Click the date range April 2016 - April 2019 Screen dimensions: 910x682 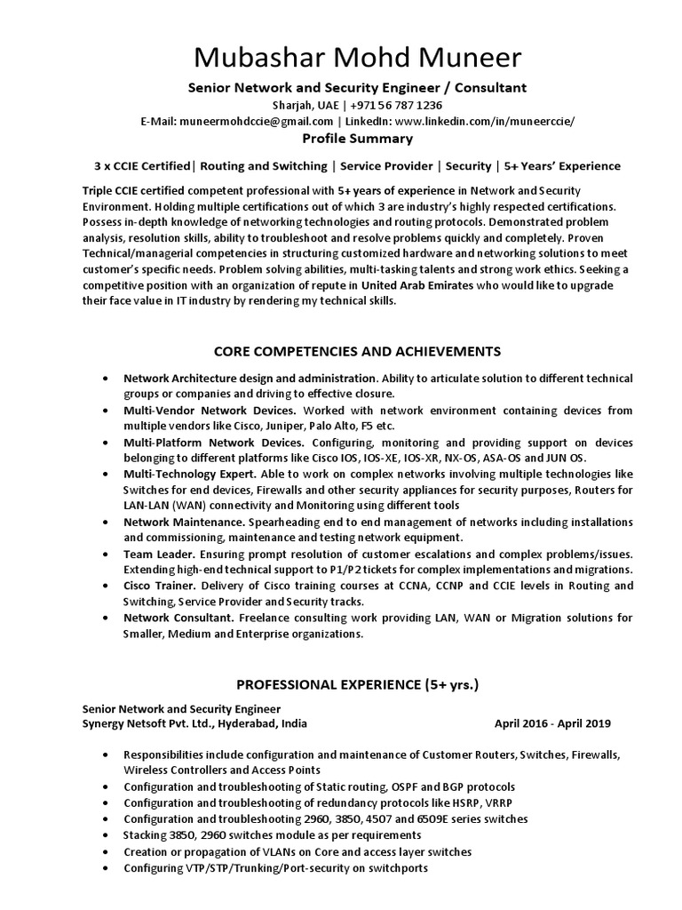point(552,723)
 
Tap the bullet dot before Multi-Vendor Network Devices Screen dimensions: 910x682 point(107,411)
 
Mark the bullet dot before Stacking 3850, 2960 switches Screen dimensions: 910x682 point(107,835)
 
